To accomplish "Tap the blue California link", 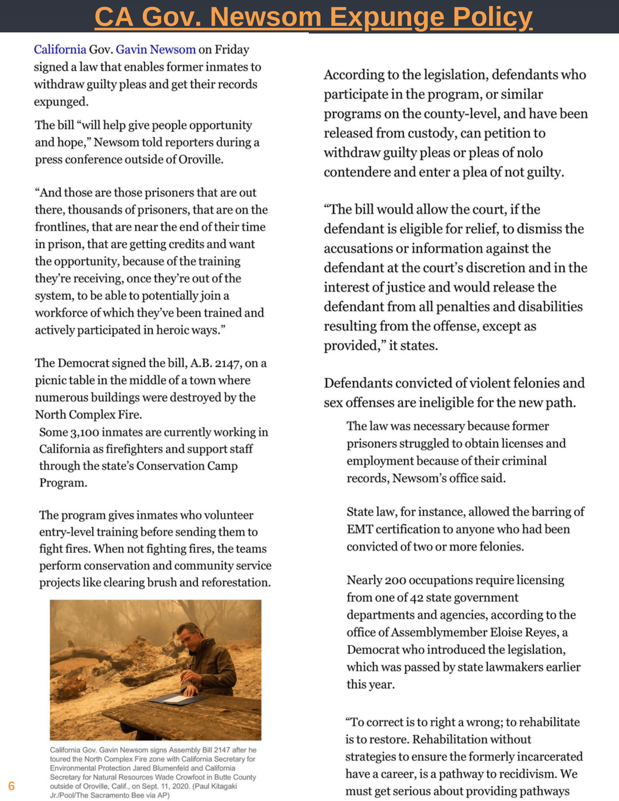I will coord(60,49).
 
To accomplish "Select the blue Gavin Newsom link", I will coord(155,49).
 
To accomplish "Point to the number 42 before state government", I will coord(417,597).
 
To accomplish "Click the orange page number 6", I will coord(11,786).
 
